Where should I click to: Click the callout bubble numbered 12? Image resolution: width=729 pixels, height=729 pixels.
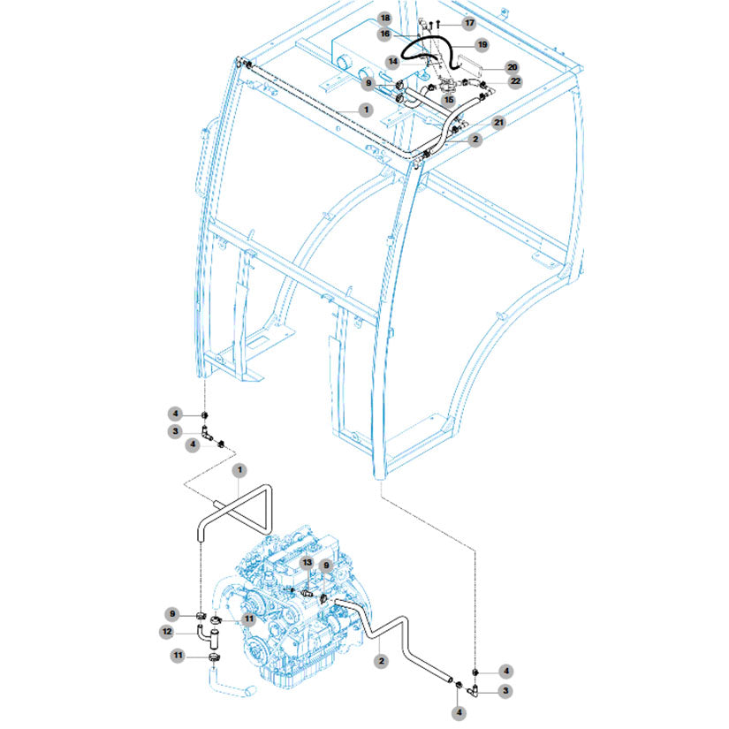point(166,632)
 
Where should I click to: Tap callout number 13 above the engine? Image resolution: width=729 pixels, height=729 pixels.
point(308,563)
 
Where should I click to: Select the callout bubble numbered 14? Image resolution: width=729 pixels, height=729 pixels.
point(393,61)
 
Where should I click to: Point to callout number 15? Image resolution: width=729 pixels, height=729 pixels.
point(449,100)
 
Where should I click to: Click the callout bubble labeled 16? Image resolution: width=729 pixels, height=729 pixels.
point(385,34)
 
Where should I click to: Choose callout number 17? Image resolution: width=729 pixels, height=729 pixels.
point(469,23)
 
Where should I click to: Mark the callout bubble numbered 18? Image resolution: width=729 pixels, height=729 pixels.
point(385,19)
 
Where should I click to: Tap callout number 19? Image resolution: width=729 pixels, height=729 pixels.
point(482,45)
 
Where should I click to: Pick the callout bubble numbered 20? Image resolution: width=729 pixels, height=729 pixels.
point(512,67)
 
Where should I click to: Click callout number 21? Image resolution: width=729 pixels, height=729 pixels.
point(499,123)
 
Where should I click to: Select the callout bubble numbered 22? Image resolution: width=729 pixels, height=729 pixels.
point(515,81)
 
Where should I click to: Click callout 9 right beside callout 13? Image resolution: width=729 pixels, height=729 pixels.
point(326,566)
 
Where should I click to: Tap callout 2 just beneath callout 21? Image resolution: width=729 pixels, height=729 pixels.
point(475,140)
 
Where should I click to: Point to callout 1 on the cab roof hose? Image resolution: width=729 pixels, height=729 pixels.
point(366,110)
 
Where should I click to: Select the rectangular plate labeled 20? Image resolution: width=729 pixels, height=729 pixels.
point(468,64)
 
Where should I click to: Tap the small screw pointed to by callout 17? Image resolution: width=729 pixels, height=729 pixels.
point(438,23)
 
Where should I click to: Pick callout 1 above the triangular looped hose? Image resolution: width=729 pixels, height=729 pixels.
point(239,470)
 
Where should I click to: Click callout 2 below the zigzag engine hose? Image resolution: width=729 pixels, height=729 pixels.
point(381,661)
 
